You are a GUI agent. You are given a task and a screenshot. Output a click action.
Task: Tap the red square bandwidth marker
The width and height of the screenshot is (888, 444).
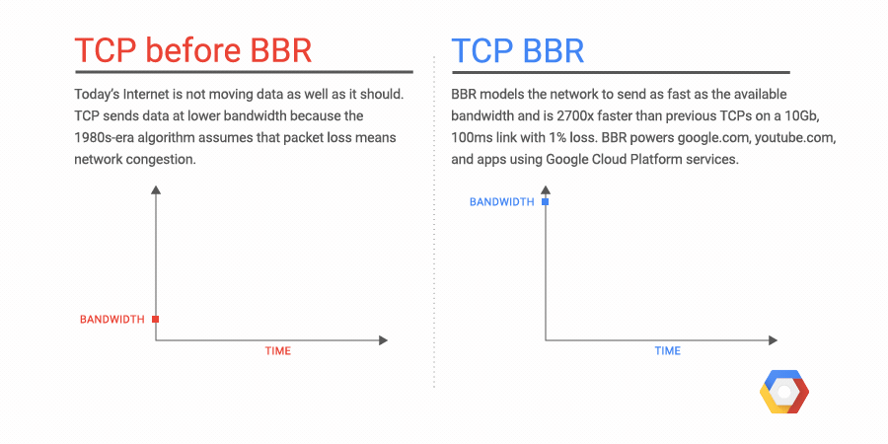155,319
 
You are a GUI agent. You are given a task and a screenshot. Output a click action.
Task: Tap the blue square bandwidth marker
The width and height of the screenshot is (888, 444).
545,201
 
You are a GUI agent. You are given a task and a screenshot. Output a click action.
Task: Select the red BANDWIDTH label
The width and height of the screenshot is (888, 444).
112,319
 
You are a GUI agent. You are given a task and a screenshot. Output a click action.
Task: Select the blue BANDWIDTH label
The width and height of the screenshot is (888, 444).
501,201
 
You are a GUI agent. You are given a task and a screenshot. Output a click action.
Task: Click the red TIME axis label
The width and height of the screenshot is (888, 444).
278,351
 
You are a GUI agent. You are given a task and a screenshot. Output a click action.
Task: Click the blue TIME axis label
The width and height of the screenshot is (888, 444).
668,351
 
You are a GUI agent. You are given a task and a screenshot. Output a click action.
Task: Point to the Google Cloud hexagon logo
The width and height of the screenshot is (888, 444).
783,395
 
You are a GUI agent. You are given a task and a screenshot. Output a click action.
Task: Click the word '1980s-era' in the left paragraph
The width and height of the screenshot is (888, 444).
105,137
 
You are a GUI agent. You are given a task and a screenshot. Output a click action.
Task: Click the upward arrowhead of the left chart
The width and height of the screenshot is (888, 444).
155,190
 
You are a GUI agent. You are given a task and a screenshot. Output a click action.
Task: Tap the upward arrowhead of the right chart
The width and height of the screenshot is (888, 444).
545,190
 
